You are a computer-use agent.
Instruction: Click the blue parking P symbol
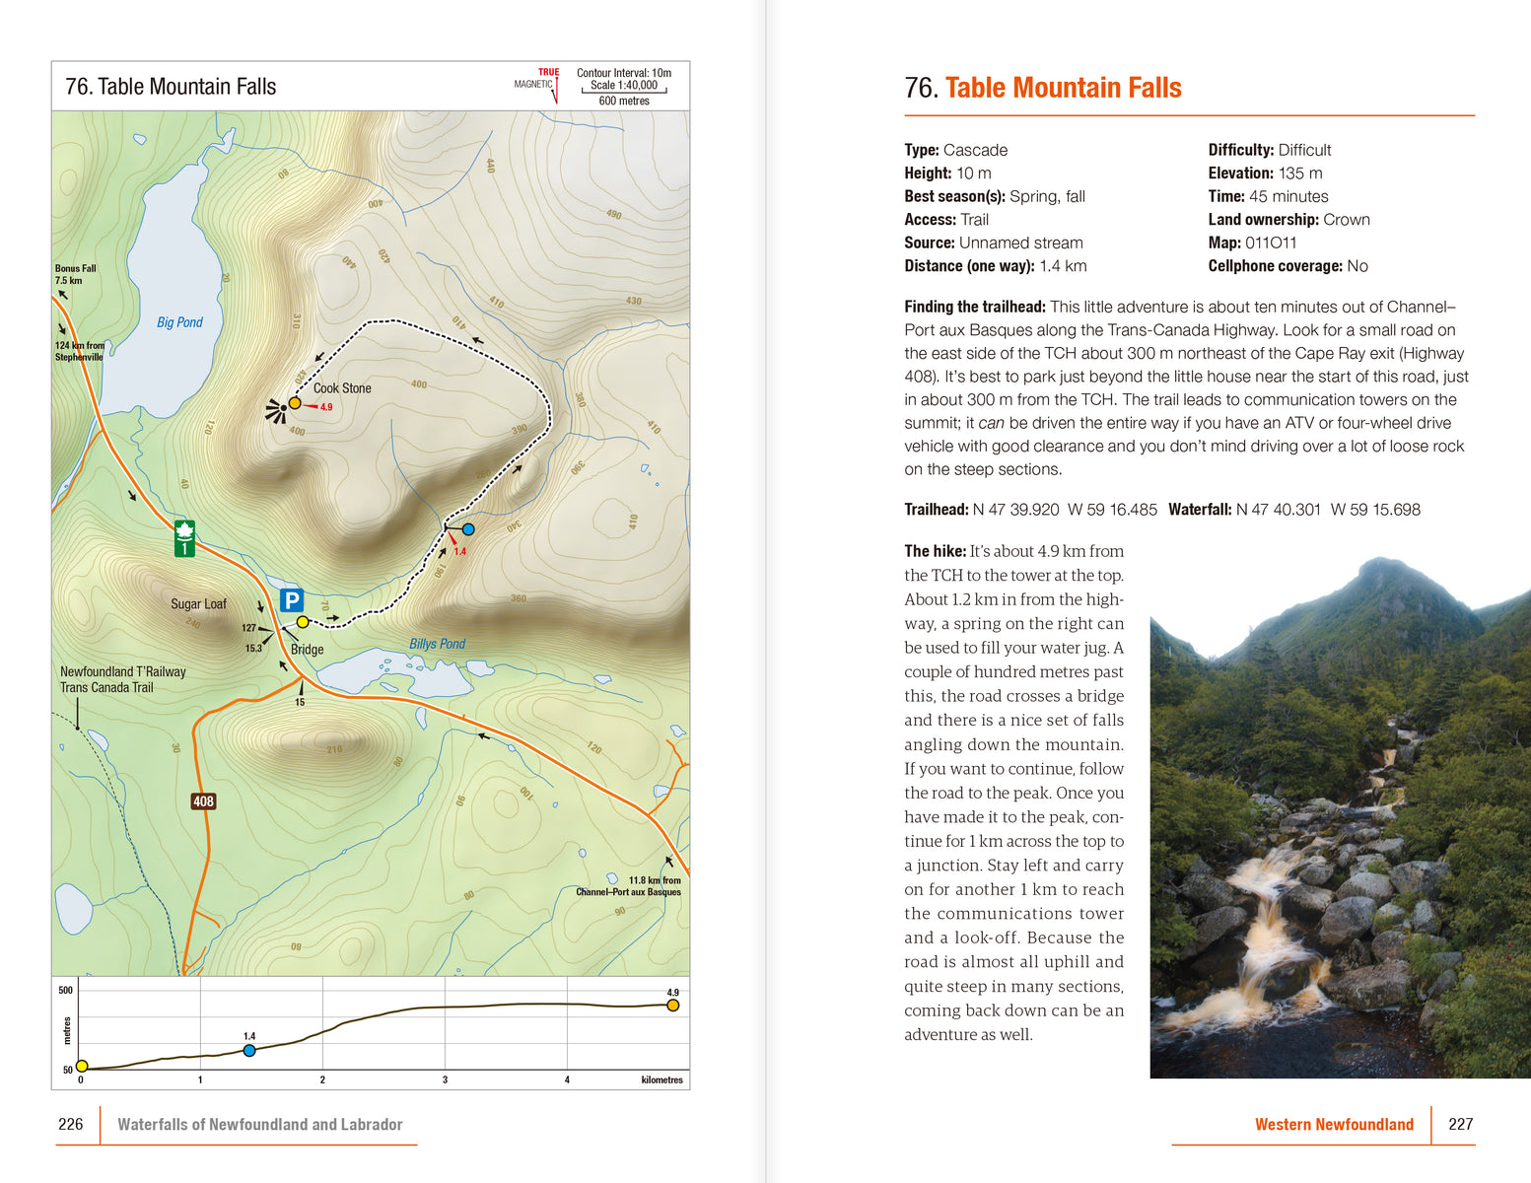click(x=291, y=600)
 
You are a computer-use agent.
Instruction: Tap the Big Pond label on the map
click(x=179, y=322)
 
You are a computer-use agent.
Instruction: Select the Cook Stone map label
click(x=342, y=388)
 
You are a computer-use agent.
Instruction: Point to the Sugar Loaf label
click(x=198, y=604)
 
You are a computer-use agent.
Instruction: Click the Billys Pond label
click(x=437, y=644)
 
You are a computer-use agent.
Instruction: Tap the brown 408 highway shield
click(x=203, y=801)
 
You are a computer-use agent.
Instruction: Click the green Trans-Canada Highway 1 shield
click(x=184, y=538)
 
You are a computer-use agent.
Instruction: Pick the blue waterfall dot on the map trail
click(x=468, y=529)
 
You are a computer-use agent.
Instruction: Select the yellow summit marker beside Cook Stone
click(x=295, y=403)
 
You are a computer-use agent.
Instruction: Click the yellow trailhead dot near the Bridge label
click(x=303, y=622)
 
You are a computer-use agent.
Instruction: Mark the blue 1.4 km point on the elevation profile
click(x=249, y=1051)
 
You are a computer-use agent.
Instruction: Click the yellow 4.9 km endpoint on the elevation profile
click(x=672, y=1006)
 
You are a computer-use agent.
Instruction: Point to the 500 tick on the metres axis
click(x=65, y=990)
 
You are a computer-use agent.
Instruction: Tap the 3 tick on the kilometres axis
click(x=445, y=1079)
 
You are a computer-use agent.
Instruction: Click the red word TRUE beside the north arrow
click(x=548, y=72)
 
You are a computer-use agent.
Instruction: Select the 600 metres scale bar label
click(x=624, y=101)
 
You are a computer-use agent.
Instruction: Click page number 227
click(x=1460, y=1124)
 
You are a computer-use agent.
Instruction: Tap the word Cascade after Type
click(x=975, y=150)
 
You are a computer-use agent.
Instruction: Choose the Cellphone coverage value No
click(x=1357, y=266)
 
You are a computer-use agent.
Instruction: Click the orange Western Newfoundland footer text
click(x=1333, y=1124)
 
